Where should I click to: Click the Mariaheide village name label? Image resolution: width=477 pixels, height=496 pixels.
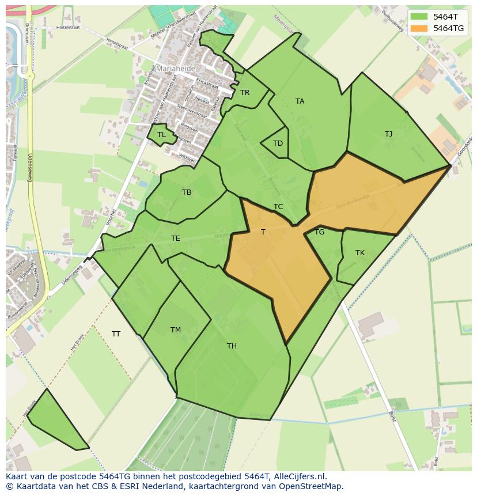176,68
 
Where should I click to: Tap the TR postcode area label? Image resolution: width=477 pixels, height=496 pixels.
245,93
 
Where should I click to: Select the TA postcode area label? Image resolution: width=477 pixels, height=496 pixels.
300,101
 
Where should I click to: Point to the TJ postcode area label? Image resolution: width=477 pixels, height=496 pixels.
388,134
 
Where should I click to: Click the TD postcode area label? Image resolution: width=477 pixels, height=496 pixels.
278,143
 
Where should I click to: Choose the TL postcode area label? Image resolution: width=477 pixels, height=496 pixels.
161,135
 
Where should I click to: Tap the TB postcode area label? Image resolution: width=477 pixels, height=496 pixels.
187,192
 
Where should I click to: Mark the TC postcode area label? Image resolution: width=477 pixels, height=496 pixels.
278,207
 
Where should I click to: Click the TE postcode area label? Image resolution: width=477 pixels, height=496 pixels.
176,238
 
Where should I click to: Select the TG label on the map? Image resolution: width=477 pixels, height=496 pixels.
320,232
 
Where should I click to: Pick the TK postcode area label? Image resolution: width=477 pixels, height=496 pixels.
360,253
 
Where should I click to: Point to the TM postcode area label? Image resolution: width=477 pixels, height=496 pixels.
176,330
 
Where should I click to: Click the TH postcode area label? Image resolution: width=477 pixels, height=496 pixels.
232,346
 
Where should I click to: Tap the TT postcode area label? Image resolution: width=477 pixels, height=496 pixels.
116,334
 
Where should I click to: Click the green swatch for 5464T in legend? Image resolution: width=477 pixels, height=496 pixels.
419,17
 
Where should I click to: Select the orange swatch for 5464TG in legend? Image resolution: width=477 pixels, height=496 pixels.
419,28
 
